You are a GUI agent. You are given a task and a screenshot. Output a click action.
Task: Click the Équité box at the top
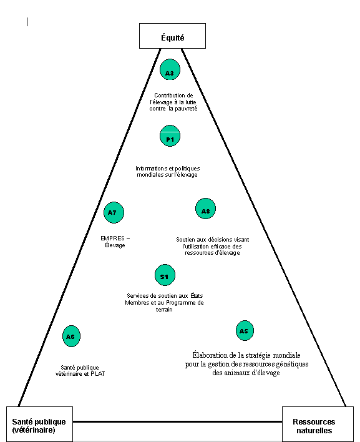(x=172, y=36)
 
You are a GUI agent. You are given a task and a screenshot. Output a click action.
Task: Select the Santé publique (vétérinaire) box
(x=39, y=424)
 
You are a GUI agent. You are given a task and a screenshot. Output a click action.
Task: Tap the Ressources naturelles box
(x=318, y=424)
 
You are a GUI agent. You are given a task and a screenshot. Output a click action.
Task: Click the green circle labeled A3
(x=170, y=70)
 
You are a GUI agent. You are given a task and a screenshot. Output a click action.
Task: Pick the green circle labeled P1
(x=170, y=136)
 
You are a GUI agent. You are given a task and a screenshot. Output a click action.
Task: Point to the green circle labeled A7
(x=114, y=212)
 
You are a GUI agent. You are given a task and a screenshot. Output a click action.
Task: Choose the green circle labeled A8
(x=206, y=209)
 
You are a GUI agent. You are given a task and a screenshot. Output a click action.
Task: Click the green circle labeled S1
(x=165, y=275)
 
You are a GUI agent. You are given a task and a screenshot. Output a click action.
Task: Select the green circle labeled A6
(x=71, y=336)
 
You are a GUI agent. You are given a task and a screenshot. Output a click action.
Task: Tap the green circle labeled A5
(x=245, y=330)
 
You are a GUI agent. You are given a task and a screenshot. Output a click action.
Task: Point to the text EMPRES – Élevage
(x=115, y=242)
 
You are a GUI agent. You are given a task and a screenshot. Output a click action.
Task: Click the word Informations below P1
(x=151, y=169)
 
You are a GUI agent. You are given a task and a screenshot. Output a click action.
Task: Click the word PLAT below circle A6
(x=98, y=374)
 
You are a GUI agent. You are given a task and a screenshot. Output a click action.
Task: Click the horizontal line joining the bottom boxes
(x=177, y=421)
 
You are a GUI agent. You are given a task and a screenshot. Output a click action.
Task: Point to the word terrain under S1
(x=164, y=310)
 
